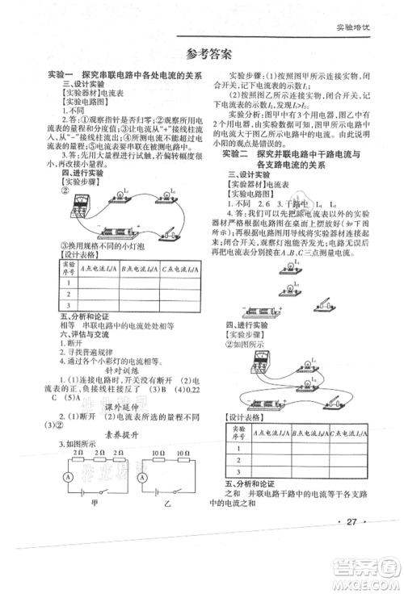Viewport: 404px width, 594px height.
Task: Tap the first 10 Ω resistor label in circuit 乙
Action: (158, 455)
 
